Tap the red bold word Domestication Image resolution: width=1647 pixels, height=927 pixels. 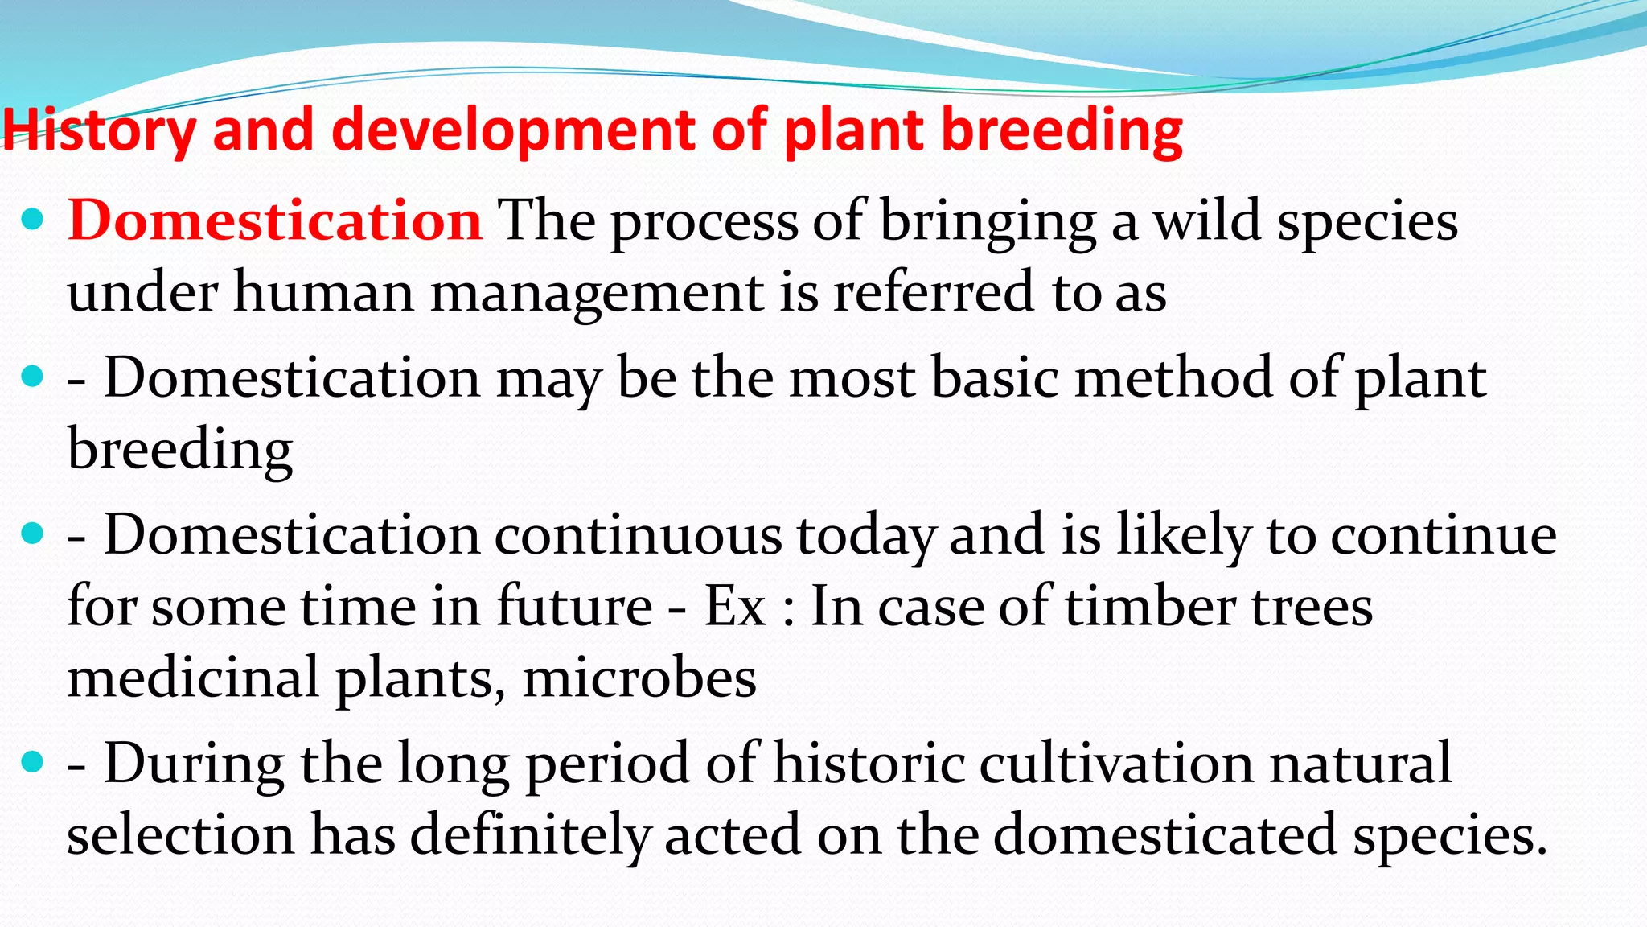pos(275,220)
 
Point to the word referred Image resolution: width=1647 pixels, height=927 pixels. pos(934,291)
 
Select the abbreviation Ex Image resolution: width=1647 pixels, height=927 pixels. pos(734,606)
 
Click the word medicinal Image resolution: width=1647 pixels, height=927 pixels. pos(193,678)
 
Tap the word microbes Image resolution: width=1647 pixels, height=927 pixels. pos(639,678)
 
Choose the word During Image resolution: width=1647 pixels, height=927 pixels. pos(194,763)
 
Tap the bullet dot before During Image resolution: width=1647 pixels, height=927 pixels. pos(32,761)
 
